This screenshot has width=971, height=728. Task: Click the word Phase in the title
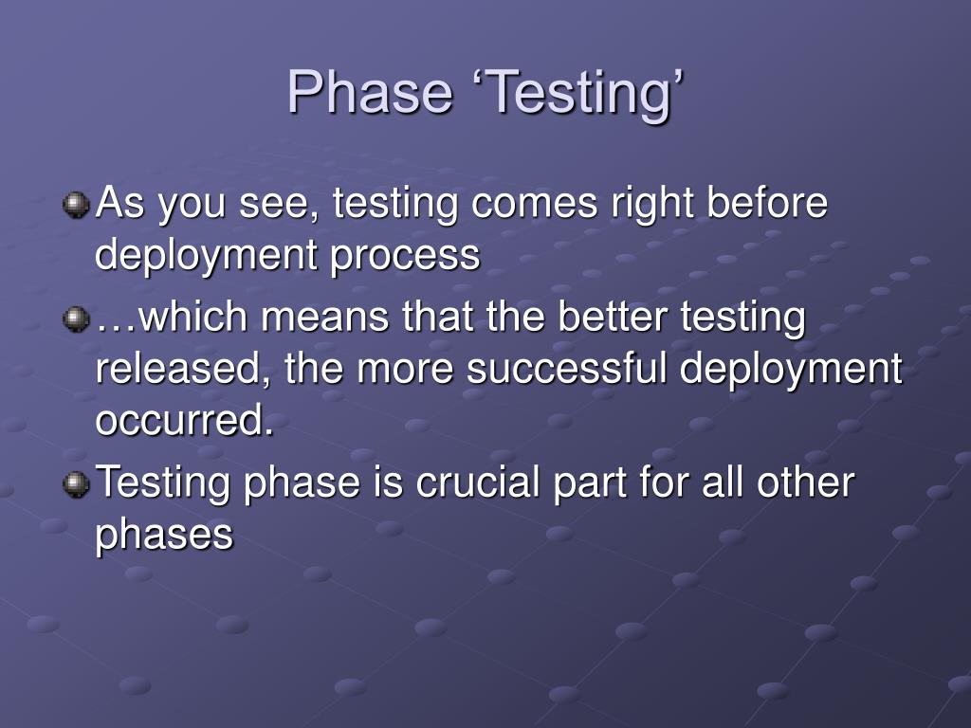370,92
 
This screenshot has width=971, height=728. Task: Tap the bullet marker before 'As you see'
76,205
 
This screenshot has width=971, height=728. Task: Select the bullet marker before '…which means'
76,318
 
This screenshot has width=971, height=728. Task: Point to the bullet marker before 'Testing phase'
76,484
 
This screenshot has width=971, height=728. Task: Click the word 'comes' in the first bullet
535,204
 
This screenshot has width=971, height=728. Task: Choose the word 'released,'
183,370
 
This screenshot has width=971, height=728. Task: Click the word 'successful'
566,368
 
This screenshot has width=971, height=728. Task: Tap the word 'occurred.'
185,420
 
